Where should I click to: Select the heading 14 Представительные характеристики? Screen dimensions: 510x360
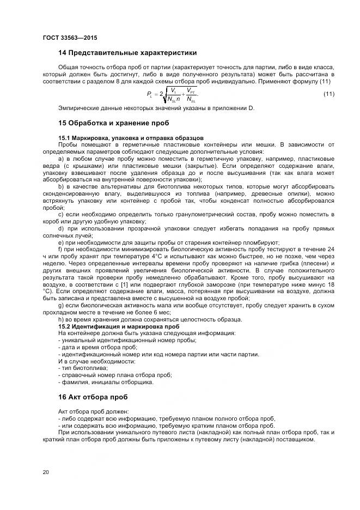(127, 53)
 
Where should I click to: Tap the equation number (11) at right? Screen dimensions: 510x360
(329, 95)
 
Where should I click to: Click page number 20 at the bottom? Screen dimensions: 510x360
(46, 471)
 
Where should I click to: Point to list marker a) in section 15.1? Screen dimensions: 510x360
(61, 158)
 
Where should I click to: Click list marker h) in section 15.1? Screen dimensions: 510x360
(61, 319)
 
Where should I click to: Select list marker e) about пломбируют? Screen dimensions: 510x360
(61, 242)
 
